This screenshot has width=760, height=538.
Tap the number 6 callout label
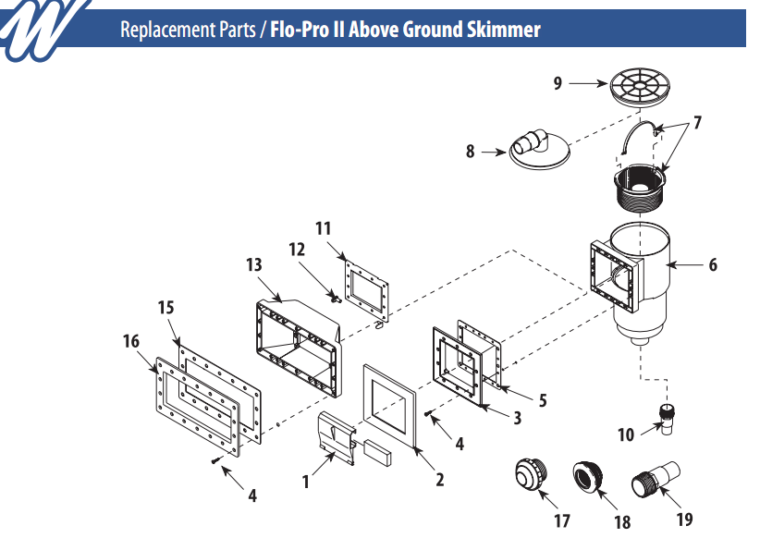pos(713,265)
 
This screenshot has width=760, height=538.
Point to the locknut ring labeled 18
pos(589,477)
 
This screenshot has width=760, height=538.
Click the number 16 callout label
pos(131,341)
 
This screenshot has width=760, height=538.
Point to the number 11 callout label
pos(323,227)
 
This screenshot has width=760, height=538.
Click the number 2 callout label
pos(440,480)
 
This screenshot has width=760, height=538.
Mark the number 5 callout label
pos(543,400)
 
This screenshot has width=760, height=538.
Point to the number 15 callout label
pos(165,306)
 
